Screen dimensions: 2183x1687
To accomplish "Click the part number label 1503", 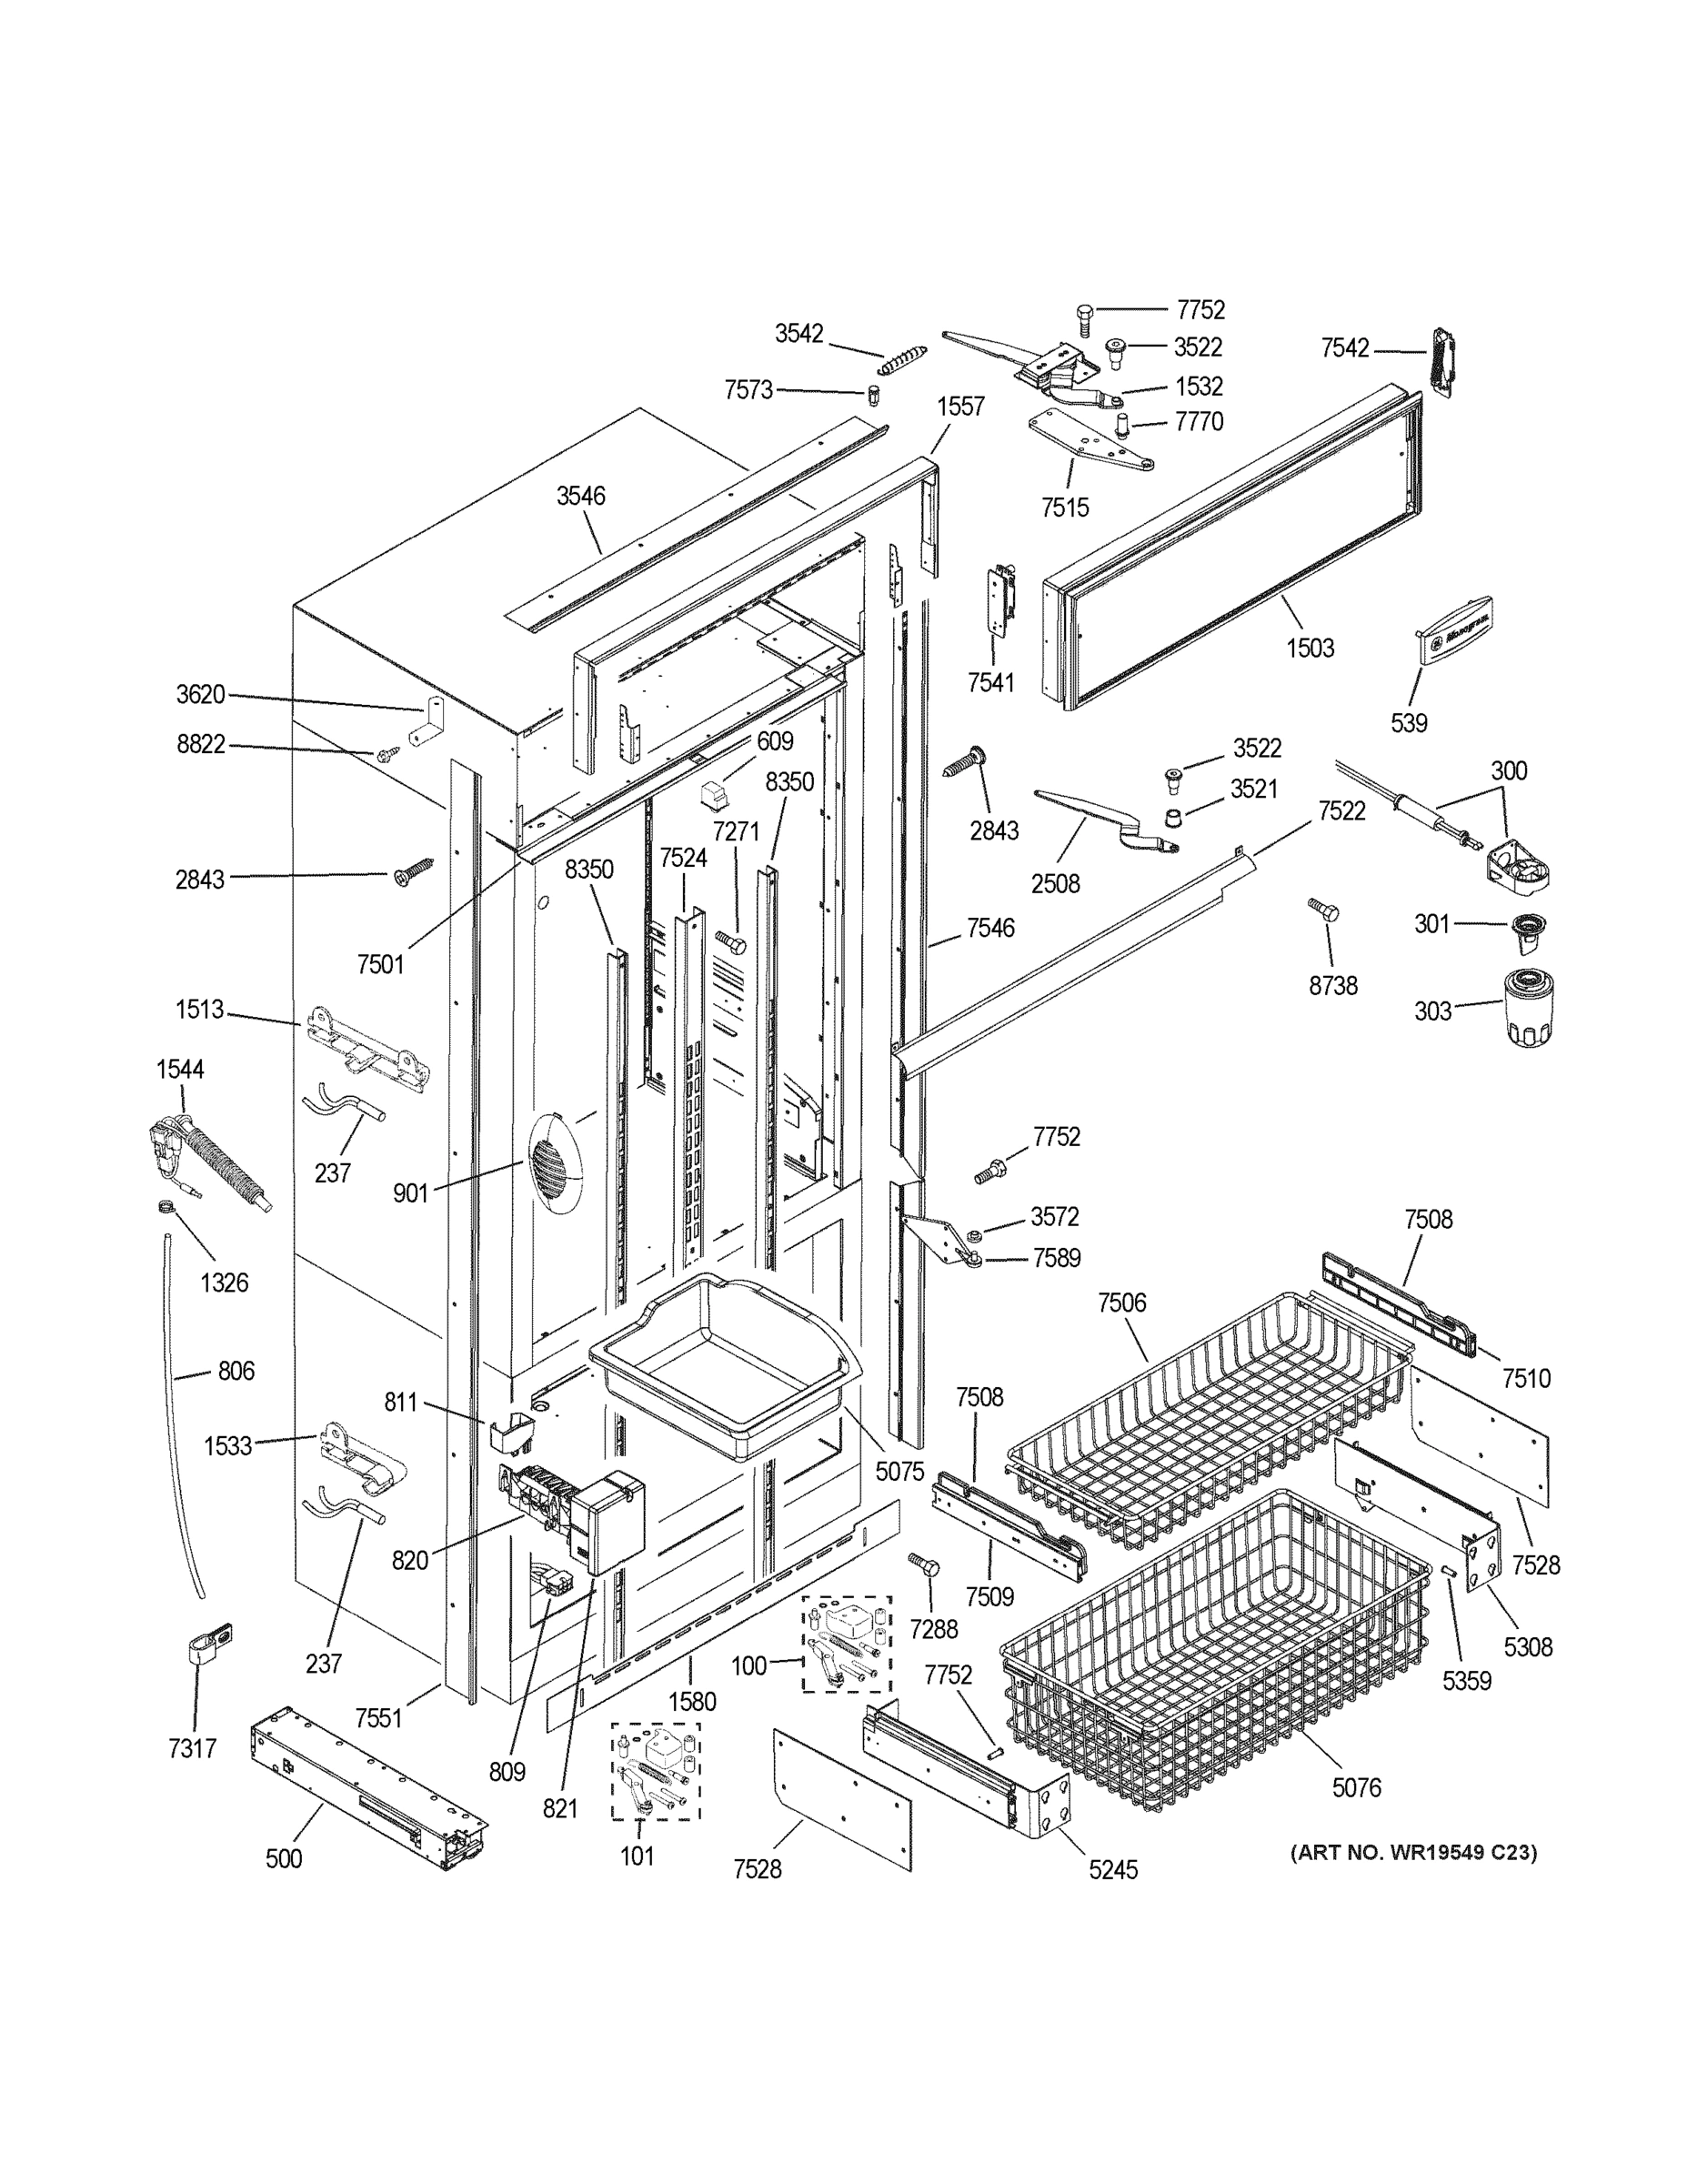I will (1310, 648).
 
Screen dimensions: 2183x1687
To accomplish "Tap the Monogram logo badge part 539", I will (1455, 629).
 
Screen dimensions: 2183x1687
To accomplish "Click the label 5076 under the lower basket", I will (1356, 1787).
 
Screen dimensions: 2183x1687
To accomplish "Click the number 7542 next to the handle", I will (1344, 347).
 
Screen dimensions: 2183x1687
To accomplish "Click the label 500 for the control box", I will (284, 1858).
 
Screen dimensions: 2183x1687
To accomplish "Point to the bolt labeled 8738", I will (1323, 909).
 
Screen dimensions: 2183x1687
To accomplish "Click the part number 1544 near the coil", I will (180, 1069).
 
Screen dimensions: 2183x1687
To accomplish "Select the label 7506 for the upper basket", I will (1121, 1303).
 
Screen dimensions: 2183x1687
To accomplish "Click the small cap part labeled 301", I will (1527, 927).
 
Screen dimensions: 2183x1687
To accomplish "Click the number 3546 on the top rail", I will (580, 496).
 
